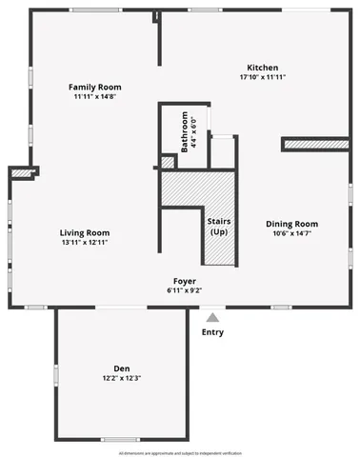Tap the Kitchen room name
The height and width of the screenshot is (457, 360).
pos(262,68)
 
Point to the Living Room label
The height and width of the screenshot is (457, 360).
pos(85,232)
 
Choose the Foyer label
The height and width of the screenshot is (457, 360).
pos(185,281)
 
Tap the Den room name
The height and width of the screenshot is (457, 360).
pos(121,368)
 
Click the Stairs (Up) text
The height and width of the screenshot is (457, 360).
pos(219,227)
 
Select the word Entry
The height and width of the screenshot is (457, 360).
pos(213,332)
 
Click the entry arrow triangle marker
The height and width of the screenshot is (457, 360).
pos(213,317)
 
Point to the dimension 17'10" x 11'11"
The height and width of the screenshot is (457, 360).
pos(262,77)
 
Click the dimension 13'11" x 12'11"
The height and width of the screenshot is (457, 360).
pos(85,242)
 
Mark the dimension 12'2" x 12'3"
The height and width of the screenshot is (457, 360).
pos(121,378)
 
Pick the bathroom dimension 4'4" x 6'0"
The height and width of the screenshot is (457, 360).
pos(195,132)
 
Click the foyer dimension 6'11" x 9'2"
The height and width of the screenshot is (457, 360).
pos(185,289)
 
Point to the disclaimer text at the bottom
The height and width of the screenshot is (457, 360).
pos(180,450)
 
